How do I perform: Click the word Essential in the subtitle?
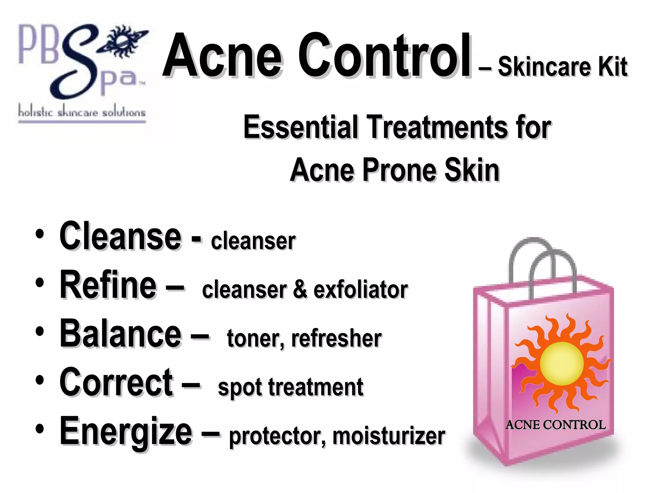pyautogui.click(x=300, y=127)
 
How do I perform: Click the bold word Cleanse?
pyautogui.click(x=120, y=236)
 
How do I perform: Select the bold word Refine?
pyautogui.click(x=108, y=285)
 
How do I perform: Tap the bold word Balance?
pyautogui.click(x=120, y=333)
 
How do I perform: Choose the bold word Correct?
pyautogui.click(x=116, y=382)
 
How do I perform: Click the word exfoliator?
pyautogui.click(x=360, y=290)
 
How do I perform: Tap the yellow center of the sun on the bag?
pyautogui.click(x=562, y=363)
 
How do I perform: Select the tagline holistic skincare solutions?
pyautogui.click(x=82, y=112)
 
